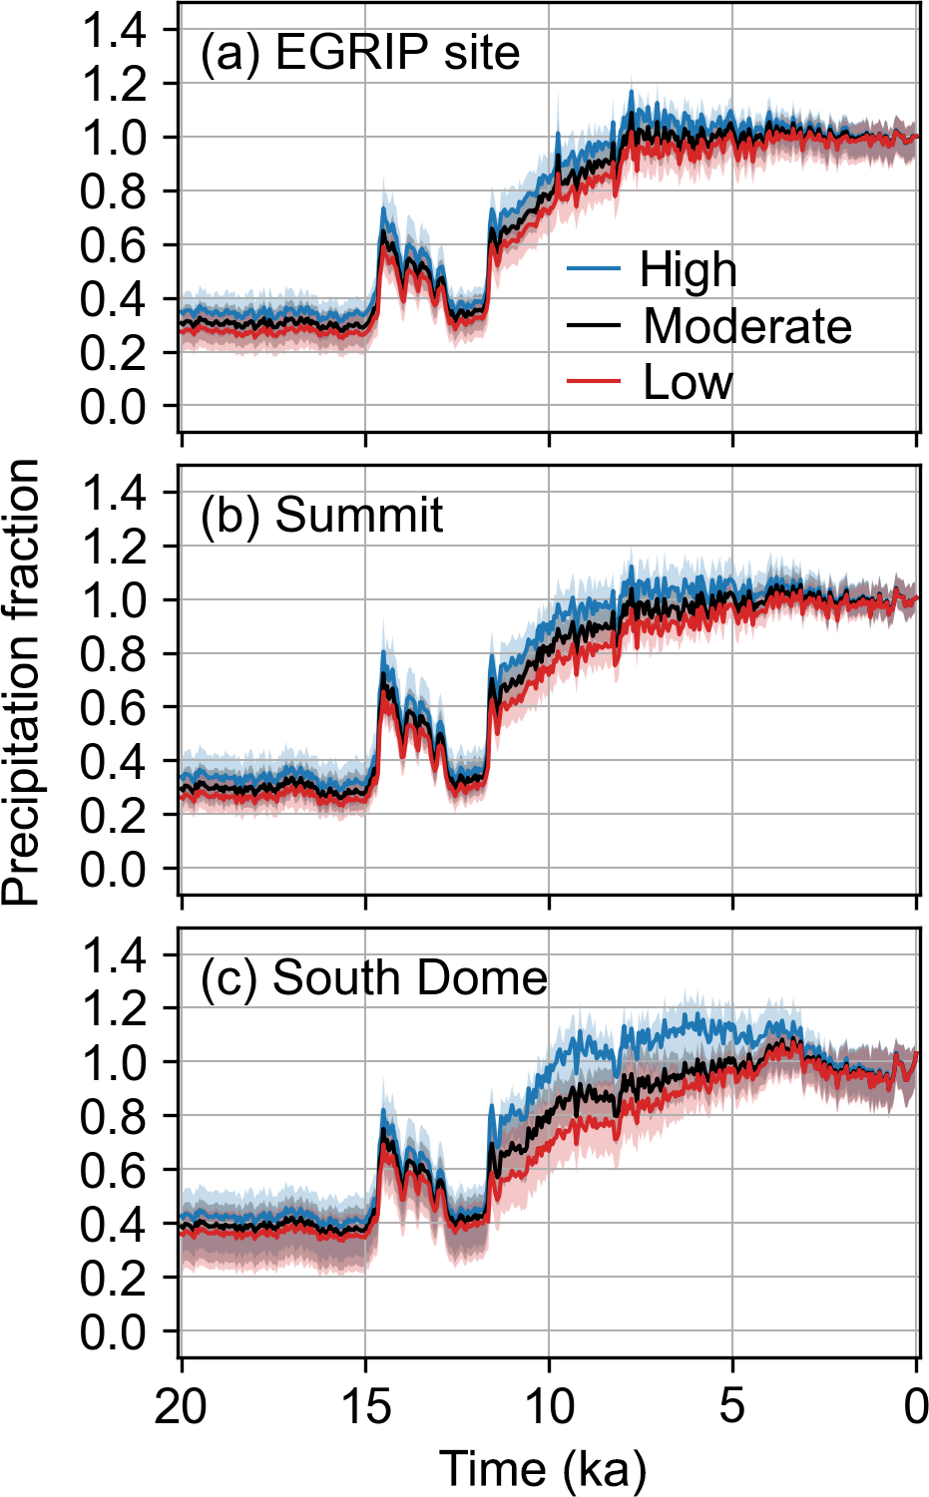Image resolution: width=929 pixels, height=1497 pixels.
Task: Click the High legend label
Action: pos(688,270)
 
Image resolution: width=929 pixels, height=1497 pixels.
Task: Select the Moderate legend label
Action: pos(747,326)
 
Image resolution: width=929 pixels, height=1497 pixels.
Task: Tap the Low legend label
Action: pos(688,382)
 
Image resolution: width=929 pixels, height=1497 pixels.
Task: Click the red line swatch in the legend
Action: pos(593,382)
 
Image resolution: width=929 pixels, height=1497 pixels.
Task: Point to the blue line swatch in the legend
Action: pos(593,269)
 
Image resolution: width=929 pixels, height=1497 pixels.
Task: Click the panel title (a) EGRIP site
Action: pos(360,53)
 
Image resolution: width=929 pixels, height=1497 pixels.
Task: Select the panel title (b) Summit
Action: pos(321,516)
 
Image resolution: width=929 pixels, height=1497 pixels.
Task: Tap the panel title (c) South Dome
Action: pos(374,978)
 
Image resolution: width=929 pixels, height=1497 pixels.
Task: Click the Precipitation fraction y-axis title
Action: pos(22,682)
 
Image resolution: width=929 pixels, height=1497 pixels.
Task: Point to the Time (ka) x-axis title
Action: pos(543,1469)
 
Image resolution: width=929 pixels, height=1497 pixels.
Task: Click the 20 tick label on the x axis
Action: pos(181,1406)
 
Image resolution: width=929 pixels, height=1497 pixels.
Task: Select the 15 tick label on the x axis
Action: pos(365,1406)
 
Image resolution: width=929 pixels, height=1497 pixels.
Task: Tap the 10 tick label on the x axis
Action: pos(549,1406)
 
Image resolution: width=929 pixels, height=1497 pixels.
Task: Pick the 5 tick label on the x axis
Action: pos(732,1406)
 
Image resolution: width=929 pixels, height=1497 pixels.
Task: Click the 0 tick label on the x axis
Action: pos(916,1406)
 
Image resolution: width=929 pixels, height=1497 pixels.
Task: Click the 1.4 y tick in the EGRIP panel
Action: pos(113,30)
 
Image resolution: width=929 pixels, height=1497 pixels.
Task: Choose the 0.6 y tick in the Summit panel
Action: pos(113,707)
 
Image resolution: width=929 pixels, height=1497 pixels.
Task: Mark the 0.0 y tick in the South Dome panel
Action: pos(113,1331)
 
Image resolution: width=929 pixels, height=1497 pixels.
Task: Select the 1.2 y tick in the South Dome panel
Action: pos(113,1009)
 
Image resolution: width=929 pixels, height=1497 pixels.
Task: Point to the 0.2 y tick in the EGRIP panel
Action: pos(113,352)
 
